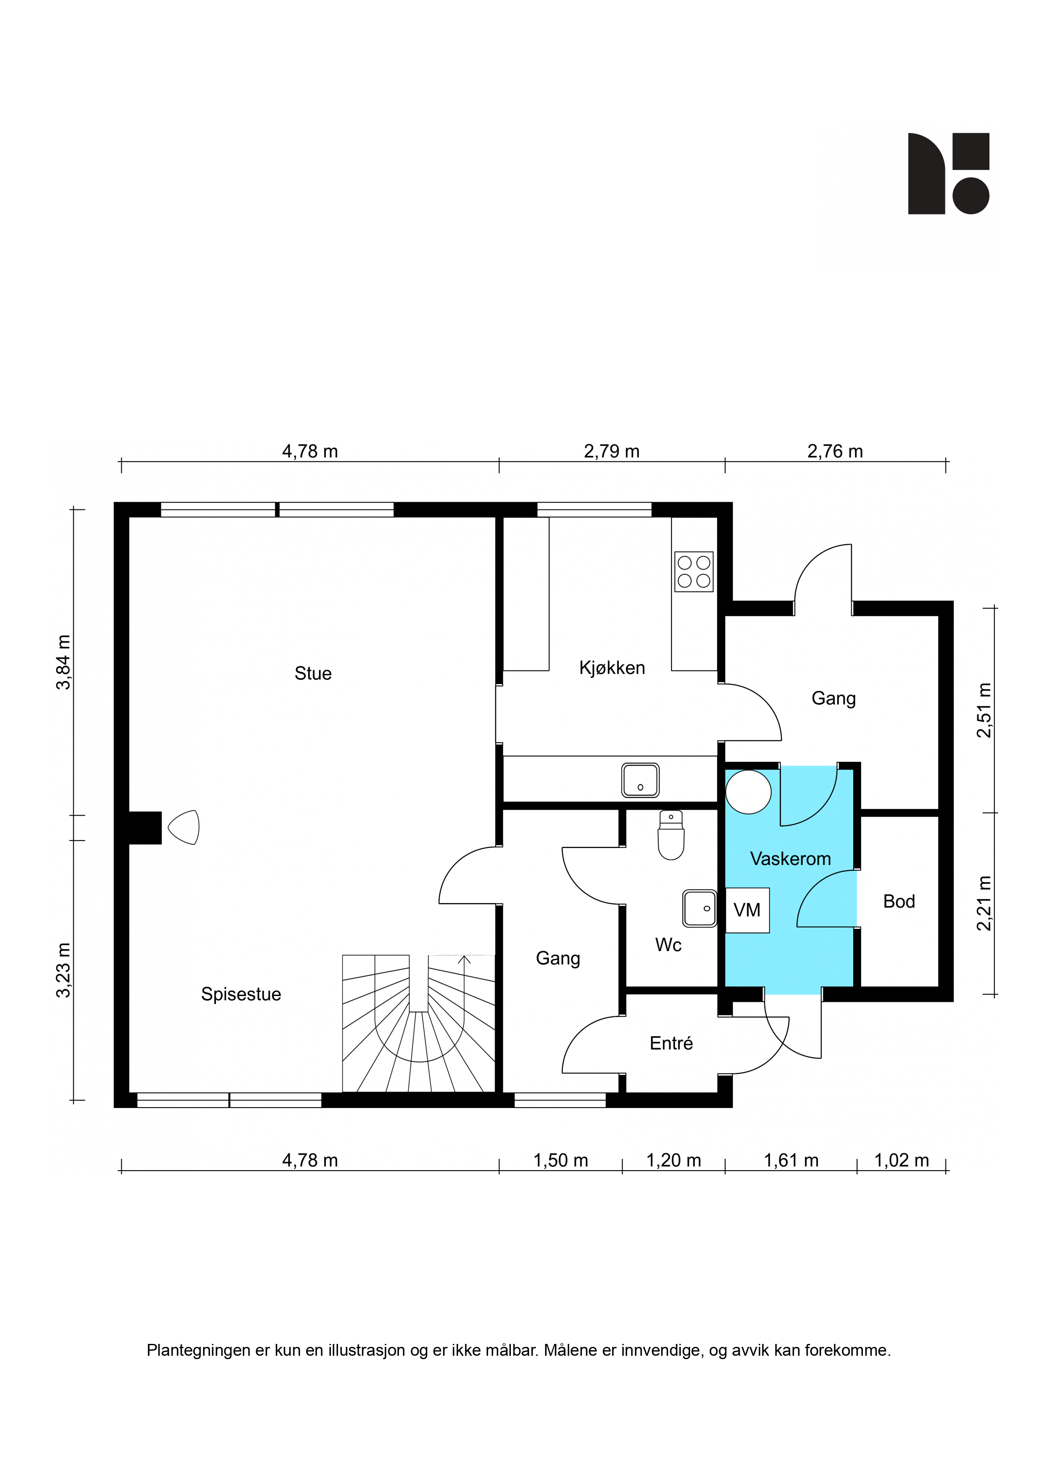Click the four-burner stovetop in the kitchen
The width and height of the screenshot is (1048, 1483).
pos(694,572)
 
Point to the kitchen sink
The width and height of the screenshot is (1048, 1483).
pos(641,780)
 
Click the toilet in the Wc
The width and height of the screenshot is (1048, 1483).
pos(671,835)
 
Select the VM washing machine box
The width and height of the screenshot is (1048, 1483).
pos(747,910)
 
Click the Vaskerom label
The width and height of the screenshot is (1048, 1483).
pos(790,859)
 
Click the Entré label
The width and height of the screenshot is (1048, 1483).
pos(671,1043)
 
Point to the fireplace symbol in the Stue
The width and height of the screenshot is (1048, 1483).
pos(183,827)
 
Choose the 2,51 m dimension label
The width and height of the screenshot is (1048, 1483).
pos(983,711)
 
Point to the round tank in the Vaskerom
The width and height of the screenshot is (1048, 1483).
pos(748,791)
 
